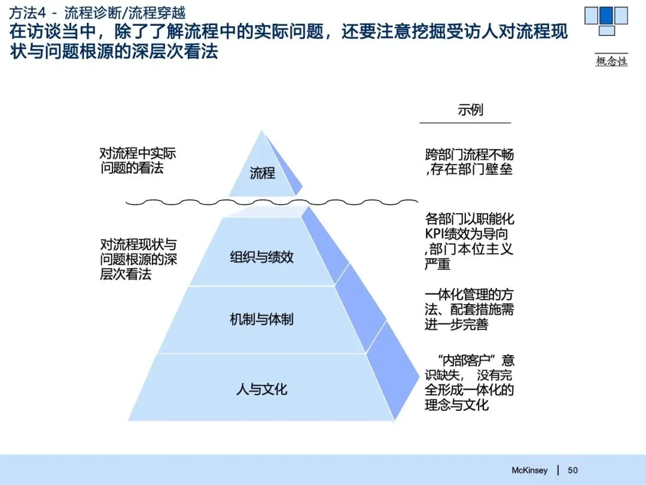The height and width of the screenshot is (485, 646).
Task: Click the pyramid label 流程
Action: pyautogui.click(x=263, y=174)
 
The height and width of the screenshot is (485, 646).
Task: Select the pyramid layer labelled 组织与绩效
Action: pyautogui.click(x=262, y=257)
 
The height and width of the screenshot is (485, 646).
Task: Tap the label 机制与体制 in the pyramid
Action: pyautogui.click(x=262, y=319)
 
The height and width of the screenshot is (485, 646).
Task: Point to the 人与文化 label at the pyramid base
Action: pyautogui.click(x=262, y=389)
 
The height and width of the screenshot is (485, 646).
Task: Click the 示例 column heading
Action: pyautogui.click(x=470, y=110)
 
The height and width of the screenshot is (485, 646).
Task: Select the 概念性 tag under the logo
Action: pyautogui.click(x=611, y=60)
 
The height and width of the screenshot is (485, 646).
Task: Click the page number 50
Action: pyautogui.click(x=572, y=470)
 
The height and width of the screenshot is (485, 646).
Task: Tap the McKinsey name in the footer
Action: pyautogui.click(x=529, y=470)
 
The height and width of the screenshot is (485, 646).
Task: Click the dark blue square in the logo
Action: pyautogui.click(x=607, y=15)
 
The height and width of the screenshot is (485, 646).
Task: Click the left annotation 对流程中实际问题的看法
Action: pyautogui.click(x=138, y=160)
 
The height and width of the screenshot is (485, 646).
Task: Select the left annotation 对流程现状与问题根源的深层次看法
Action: pyautogui.click(x=138, y=259)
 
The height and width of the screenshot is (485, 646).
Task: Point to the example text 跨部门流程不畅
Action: pyautogui.click(x=469, y=154)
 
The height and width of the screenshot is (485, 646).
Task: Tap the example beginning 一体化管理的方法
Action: pyautogui.click(x=469, y=310)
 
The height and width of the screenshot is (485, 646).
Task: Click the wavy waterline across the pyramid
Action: pyautogui.click(x=272, y=202)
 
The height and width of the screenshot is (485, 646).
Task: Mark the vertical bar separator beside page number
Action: pyautogui.click(x=558, y=470)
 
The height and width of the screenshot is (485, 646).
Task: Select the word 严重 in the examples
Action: pyautogui.click(x=437, y=264)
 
